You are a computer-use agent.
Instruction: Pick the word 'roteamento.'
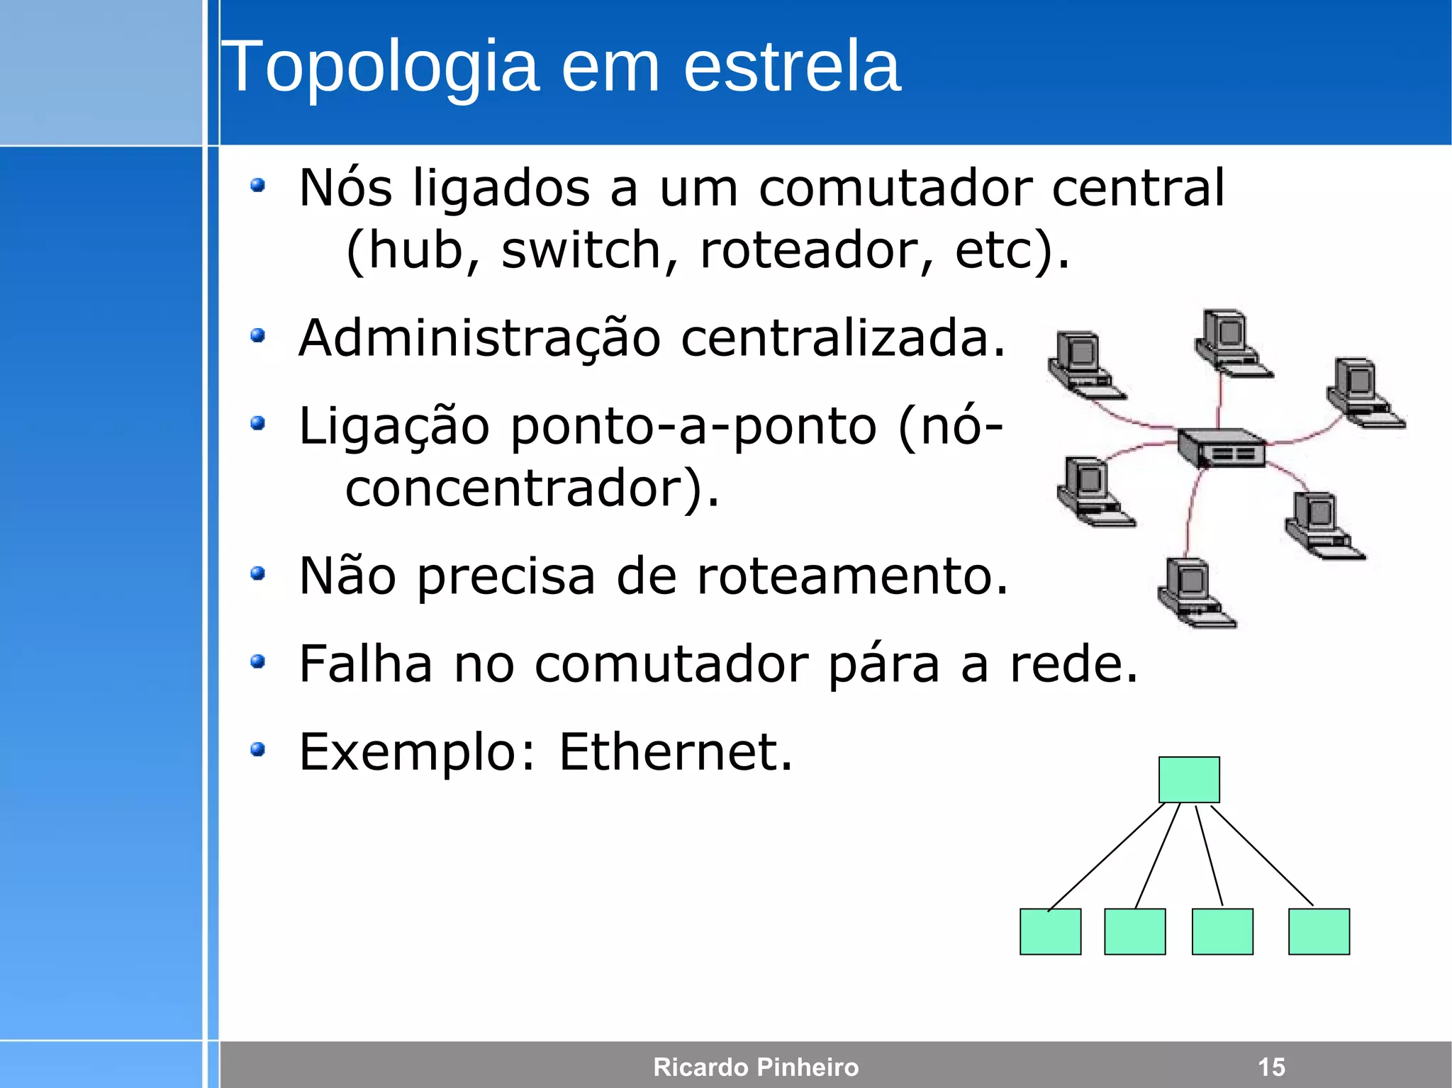coord(851,576)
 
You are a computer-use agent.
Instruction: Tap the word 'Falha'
coord(365,664)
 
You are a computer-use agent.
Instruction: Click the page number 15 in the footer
coord(1271,1067)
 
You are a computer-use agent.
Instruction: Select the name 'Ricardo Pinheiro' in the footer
coord(756,1067)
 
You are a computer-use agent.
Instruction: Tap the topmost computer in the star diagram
coord(1232,343)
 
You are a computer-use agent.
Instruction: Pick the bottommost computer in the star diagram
coord(1195,593)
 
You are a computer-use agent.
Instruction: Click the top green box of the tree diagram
coord(1189,780)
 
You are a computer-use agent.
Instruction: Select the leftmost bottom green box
coord(1050,931)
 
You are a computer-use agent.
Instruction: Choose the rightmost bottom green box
coord(1319,931)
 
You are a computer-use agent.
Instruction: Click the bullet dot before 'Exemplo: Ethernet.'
coord(258,749)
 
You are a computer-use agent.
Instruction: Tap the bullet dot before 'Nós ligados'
coord(258,186)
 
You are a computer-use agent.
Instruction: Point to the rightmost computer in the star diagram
coord(1364,393)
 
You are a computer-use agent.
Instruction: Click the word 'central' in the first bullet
coord(1138,189)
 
